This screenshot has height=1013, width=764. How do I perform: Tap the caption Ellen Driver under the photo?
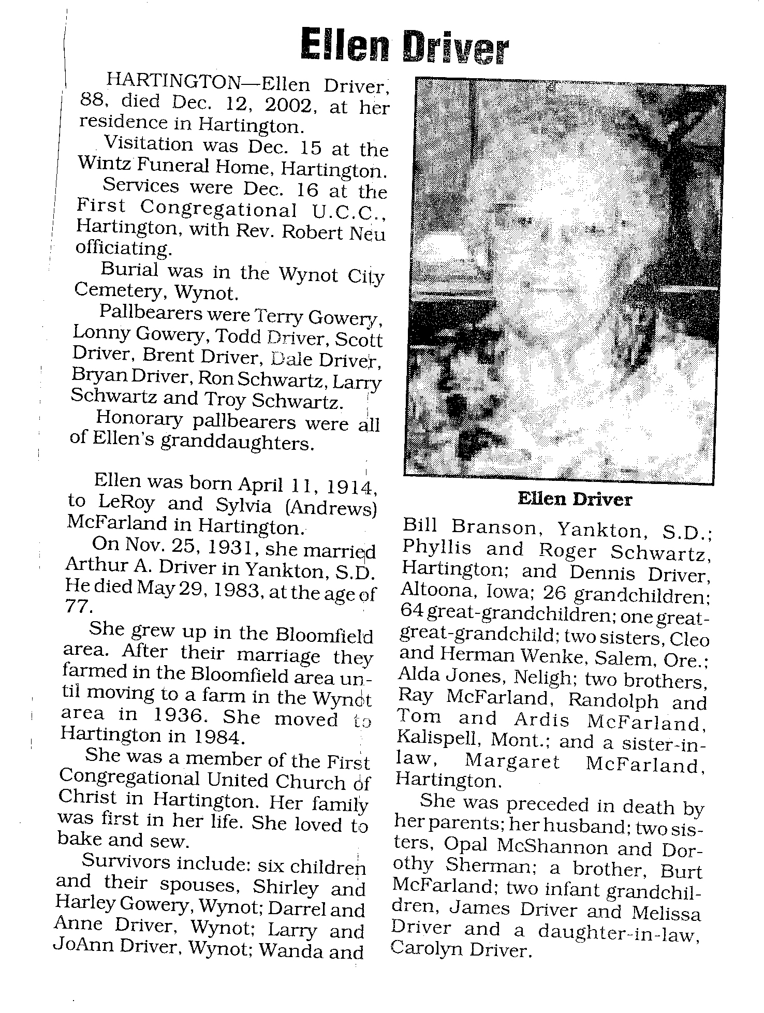(x=574, y=500)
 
